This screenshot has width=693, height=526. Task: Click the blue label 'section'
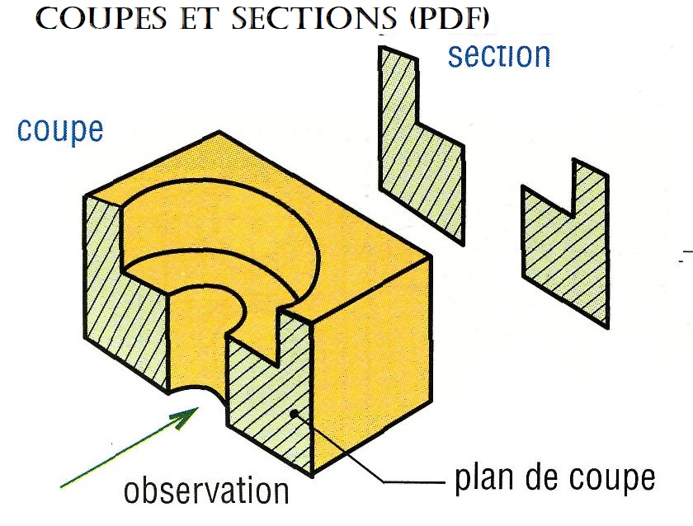pyautogui.click(x=498, y=56)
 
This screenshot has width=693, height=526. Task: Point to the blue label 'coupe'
pyautogui.click(x=60, y=130)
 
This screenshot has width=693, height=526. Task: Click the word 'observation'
pyautogui.click(x=206, y=491)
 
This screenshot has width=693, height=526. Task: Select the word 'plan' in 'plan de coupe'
pyautogui.click(x=483, y=478)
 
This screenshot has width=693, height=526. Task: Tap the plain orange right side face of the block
pyautogui.click(x=371, y=363)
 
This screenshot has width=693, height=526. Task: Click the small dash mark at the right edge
pyautogui.click(x=683, y=258)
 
